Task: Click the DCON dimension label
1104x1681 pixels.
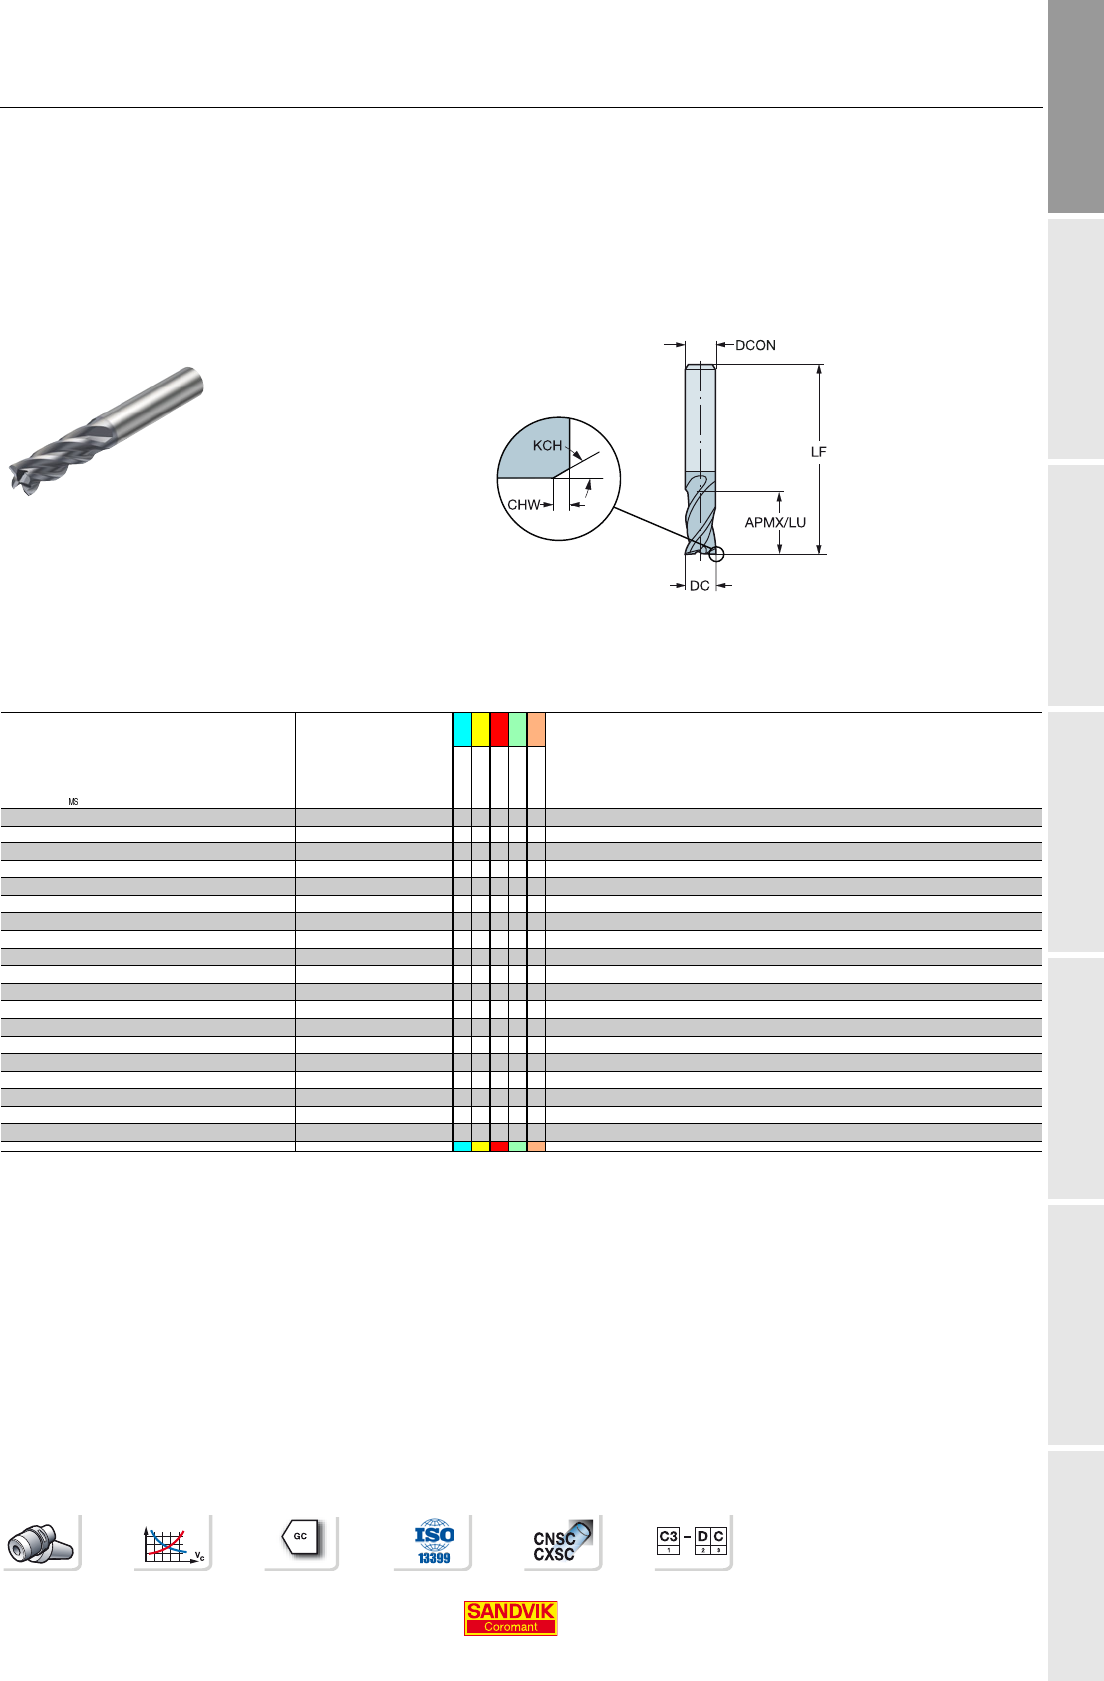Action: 755,346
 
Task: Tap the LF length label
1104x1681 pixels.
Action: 819,452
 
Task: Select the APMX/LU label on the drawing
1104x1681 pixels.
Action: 775,522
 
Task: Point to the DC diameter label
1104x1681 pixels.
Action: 700,585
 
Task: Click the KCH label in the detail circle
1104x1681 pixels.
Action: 547,446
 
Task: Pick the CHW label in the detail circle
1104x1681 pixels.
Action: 523,505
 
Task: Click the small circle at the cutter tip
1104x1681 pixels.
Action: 716,554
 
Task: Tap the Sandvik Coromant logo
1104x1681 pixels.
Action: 510,1618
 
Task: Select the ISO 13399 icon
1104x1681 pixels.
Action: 434,1542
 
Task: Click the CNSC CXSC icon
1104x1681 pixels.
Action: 562,1542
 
